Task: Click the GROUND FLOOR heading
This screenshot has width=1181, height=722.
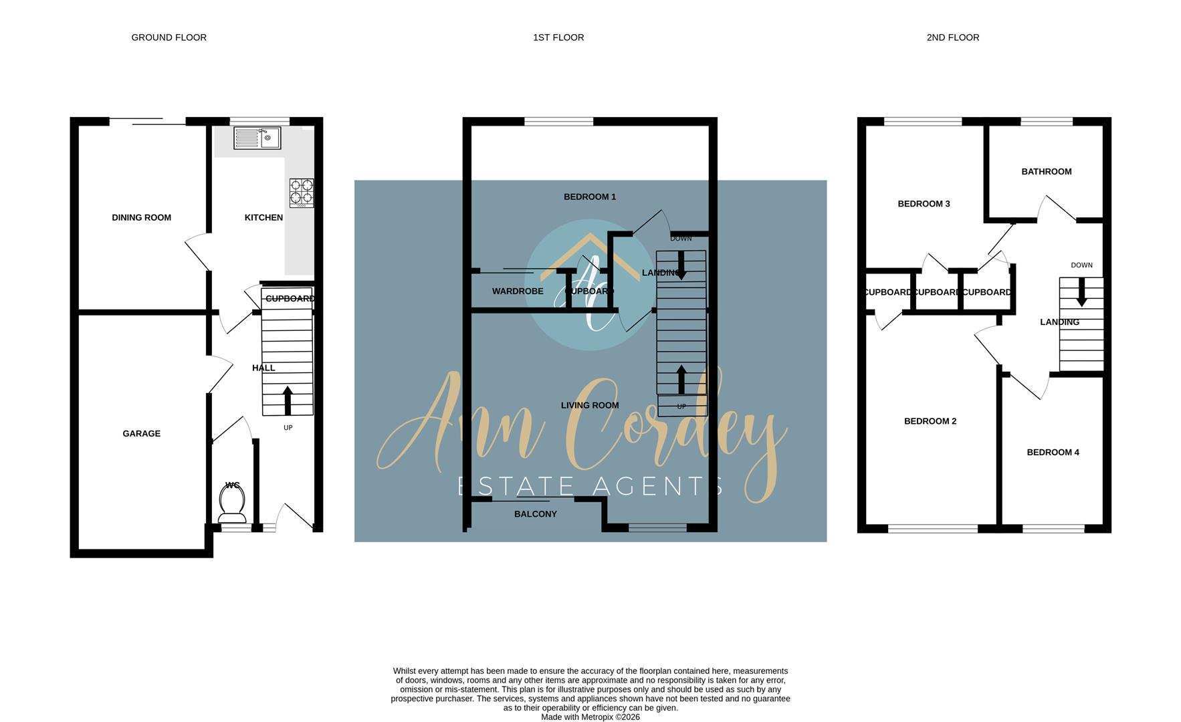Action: pos(169,37)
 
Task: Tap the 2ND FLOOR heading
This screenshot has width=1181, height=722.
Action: pos(952,37)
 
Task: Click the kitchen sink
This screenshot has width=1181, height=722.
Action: pos(257,138)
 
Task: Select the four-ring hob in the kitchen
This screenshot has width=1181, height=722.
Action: pos(301,193)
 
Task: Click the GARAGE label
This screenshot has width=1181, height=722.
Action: pos(141,433)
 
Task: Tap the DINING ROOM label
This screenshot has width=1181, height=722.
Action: pos(141,217)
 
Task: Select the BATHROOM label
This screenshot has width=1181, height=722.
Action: pos(1046,172)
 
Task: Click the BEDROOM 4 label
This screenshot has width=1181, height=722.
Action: pos(1053,453)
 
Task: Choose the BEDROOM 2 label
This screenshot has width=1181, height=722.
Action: pos(930,421)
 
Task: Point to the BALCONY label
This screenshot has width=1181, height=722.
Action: pos(535,514)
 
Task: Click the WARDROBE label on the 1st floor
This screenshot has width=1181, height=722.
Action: pos(518,291)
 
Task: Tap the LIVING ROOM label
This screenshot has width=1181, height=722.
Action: pos(589,405)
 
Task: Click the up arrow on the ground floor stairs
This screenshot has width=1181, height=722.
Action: pos(288,400)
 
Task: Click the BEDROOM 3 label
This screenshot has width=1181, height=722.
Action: pos(924,204)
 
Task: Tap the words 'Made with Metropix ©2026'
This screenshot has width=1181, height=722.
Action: pos(590,717)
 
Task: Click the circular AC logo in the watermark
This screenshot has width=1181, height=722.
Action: pos(590,287)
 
